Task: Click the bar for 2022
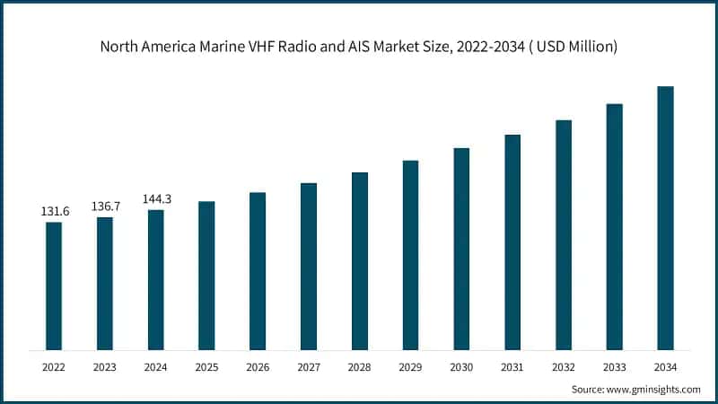[54, 285]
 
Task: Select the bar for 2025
[206, 275]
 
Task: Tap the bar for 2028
[360, 260]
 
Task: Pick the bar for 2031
[512, 242]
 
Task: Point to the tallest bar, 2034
[665, 217]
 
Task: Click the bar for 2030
[461, 249]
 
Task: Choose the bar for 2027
[309, 266]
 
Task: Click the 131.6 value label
[54, 211]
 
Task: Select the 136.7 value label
[105, 206]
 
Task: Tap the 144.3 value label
[156, 198]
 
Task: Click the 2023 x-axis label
[105, 367]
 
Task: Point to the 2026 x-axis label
[258, 367]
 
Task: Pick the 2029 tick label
[410, 367]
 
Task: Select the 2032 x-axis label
[563, 367]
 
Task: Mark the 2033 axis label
[614, 367]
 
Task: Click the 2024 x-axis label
[156, 367]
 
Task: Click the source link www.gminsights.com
[656, 389]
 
